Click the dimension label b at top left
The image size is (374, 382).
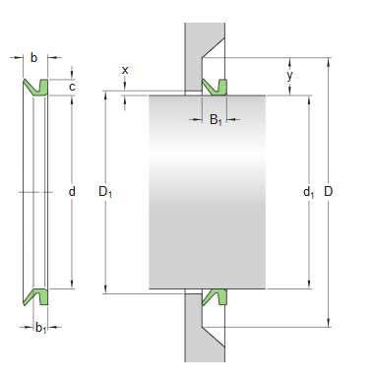(x=33, y=58)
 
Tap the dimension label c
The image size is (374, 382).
(x=72, y=87)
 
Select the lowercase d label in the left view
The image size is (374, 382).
(x=72, y=192)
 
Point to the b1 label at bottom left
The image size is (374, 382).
(x=40, y=328)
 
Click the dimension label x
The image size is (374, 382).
(x=125, y=70)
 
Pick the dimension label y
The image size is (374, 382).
(x=289, y=75)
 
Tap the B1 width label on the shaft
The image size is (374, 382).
(x=216, y=120)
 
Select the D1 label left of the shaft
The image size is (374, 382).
(x=104, y=192)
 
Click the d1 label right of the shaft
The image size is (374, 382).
(x=309, y=193)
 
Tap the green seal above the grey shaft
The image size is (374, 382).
(x=215, y=86)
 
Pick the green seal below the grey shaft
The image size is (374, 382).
(x=215, y=296)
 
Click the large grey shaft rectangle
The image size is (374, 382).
(x=207, y=192)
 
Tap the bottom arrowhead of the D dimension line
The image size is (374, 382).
(x=328, y=322)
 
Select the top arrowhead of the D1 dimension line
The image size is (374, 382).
(x=105, y=97)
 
